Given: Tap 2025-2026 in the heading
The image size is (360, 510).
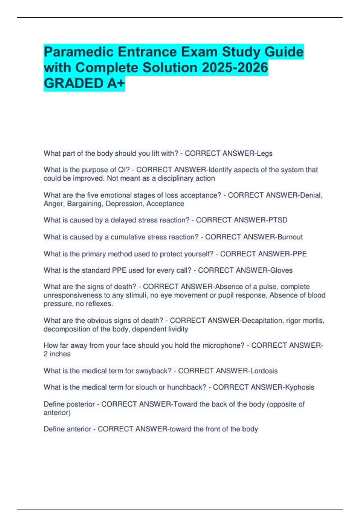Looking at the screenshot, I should (x=235, y=67).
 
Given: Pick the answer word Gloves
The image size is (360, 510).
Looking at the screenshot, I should (x=281, y=270).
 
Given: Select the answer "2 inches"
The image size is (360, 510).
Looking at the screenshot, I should (x=57, y=354).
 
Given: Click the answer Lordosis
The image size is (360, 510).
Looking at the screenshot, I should (x=264, y=371).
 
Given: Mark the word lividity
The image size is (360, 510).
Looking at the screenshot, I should (x=178, y=329).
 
